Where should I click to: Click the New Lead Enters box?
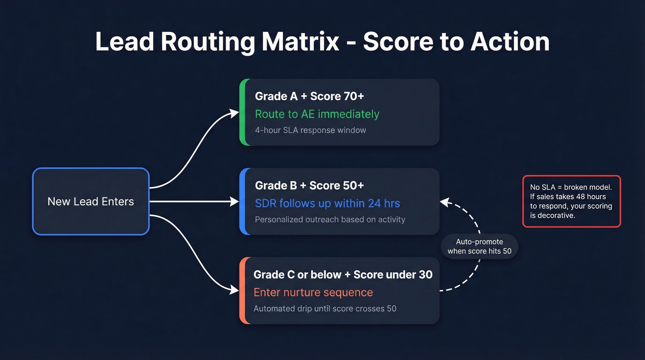tap(91, 201)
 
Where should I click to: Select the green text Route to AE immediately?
tap(317, 114)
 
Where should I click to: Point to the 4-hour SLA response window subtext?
tap(311, 130)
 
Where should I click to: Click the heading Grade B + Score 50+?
tap(309, 185)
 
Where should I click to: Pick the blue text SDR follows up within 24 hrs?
tap(327, 203)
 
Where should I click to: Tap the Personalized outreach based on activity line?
tap(330, 219)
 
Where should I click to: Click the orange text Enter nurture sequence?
tap(313, 292)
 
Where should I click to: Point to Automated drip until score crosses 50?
tap(325, 308)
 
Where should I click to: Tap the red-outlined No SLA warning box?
tap(571, 201)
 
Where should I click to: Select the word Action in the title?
tap(510, 41)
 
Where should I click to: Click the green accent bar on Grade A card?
tap(242, 112)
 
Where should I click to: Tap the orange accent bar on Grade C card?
tap(242, 290)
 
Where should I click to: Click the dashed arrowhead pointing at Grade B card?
tap(444, 201)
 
